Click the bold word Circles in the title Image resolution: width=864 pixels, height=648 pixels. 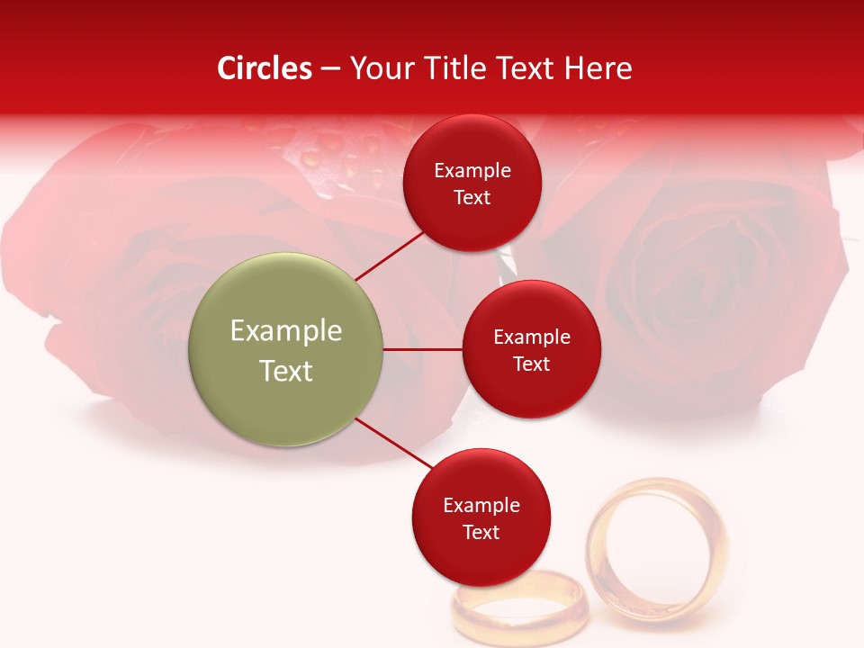click(265, 68)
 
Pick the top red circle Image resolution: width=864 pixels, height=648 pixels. click(472, 183)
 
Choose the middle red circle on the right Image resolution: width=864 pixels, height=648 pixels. click(531, 349)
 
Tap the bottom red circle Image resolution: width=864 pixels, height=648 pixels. click(481, 517)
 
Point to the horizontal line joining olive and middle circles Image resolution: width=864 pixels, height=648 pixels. click(423, 349)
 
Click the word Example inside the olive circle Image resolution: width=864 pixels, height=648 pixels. click(286, 331)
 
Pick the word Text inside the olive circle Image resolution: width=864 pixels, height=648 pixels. click(286, 371)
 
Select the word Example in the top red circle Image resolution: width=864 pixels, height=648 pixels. click(472, 171)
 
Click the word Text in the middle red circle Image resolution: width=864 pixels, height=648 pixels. click(531, 364)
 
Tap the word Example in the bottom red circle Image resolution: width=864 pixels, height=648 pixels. click(481, 506)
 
